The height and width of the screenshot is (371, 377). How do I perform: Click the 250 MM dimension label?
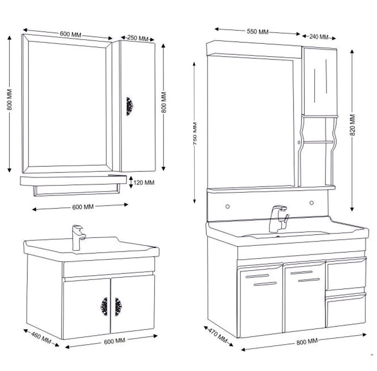(x=138, y=38)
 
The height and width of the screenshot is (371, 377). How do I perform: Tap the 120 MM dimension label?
(x=144, y=183)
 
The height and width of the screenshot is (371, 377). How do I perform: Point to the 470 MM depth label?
(x=217, y=334)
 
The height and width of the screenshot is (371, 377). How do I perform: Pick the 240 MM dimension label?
(x=319, y=37)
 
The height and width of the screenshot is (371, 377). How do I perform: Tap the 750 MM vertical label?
(x=195, y=134)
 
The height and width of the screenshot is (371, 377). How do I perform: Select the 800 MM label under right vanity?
(x=307, y=342)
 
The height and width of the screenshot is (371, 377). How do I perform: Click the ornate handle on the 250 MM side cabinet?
(x=129, y=106)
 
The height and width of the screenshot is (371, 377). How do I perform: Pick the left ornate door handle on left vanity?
(x=104, y=306)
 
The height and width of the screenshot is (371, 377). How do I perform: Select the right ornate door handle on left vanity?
(x=118, y=306)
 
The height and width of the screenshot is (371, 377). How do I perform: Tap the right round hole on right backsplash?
(x=311, y=203)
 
